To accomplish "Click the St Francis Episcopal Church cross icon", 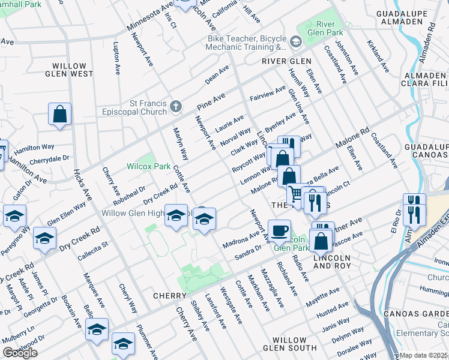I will (x=175, y=106).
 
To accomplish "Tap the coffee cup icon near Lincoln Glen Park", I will (x=279, y=230).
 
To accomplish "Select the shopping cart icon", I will (x=295, y=194).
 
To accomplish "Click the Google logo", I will (x=20, y=353).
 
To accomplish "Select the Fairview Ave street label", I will (x=267, y=94).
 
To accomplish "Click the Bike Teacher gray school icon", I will (x=295, y=42).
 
